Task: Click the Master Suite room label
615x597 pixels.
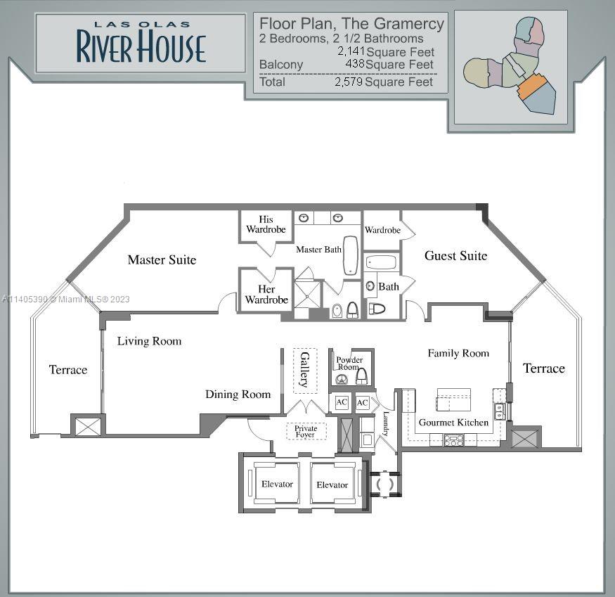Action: (x=162, y=260)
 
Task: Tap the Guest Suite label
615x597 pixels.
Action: (x=455, y=256)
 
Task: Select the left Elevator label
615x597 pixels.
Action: (x=278, y=484)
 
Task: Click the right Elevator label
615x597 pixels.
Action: (x=332, y=484)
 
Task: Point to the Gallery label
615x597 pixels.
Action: (x=305, y=369)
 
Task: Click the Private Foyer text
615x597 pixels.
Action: (x=306, y=431)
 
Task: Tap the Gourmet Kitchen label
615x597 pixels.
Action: (x=453, y=423)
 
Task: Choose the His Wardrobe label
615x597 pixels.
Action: (x=266, y=224)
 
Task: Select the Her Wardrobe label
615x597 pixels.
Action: (x=266, y=295)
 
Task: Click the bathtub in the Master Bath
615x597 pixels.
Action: (x=350, y=255)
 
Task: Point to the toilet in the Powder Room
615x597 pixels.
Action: (x=361, y=376)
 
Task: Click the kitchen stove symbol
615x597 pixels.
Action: (x=453, y=440)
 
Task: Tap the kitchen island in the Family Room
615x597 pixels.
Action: (x=454, y=399)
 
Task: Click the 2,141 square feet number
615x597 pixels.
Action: (x=351, y=51)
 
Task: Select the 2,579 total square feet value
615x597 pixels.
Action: (x=349, y=82)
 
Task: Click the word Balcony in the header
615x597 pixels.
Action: (x=281, y=65)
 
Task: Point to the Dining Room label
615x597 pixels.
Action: (x=238, y=394)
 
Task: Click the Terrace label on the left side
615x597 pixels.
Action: (x=68, y=370)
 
